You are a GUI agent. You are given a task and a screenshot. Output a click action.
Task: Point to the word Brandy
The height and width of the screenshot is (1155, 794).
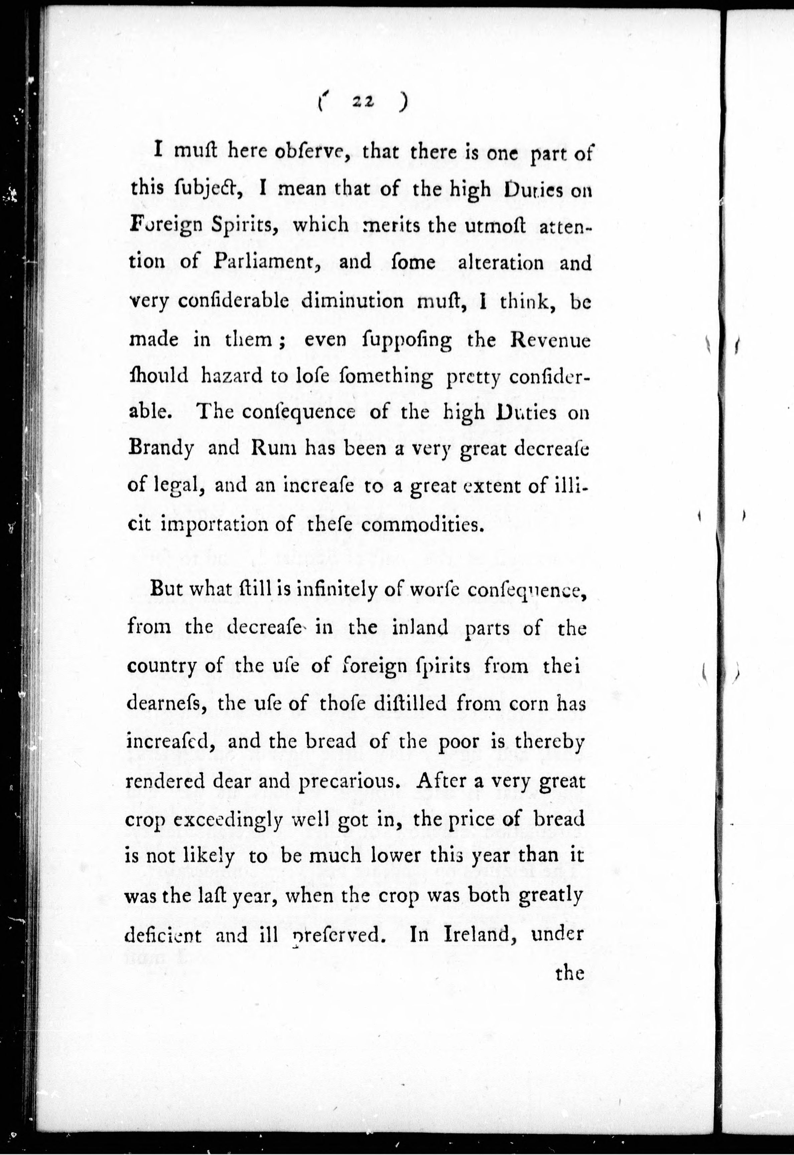tap(161, 449)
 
